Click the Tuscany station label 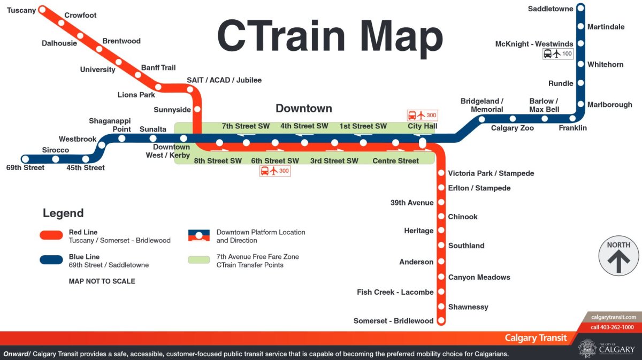click(21, 10)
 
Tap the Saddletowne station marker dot click(580, 9)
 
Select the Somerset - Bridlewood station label click(393, 321)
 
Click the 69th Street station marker click(25, 159)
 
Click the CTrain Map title click(330, 36)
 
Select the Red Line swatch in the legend click(51, 235)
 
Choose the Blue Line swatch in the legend click(51, 259)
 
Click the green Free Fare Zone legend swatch click(198, 259)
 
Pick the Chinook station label click(463, 217)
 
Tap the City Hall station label click(422, 126)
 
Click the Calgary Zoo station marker click(513, 119)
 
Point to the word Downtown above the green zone click(304, 109)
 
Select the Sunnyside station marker click(197, 109)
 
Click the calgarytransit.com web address click(613, 317)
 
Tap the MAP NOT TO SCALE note click(102, 281)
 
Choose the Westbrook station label click(78, 139)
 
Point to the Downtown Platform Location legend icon click(198, 235)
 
